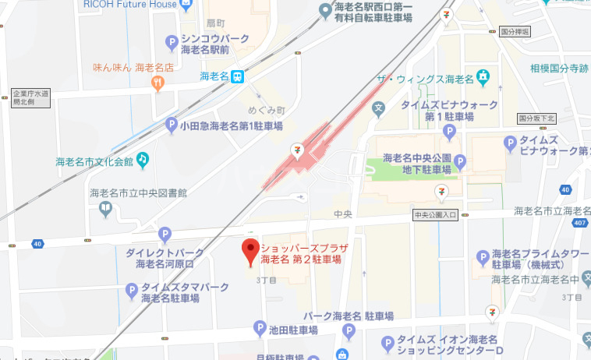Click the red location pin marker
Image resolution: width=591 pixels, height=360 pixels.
pos(249,252)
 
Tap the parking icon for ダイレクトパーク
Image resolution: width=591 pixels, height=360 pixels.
pos(165,234)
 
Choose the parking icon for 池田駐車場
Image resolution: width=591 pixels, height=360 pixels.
pos(260,330)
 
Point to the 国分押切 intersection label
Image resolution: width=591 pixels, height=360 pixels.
pos(514,32)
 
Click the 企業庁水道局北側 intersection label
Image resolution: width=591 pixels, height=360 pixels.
pos(30,98)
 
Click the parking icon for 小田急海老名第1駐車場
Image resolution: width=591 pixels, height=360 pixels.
pos(172,125)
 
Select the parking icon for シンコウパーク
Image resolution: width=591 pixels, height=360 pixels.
pos(172,44)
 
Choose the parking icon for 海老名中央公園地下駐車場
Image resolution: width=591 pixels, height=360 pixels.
pos(460,162)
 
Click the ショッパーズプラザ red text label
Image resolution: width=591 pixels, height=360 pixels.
pos(303,247)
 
